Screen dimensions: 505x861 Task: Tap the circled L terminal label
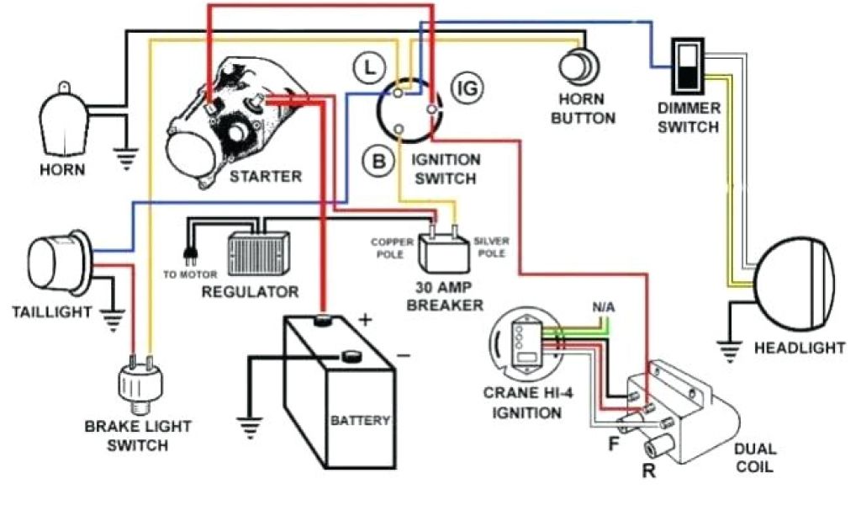coord(367,67)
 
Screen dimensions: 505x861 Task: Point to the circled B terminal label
coord(379,159)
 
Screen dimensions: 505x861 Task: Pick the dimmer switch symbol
coord(689,65)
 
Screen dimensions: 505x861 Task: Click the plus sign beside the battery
coord(365,319)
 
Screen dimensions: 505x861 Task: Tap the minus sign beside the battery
coord(404,355)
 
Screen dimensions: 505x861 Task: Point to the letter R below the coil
coord(647,470)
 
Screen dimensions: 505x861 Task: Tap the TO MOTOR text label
coord(191,274)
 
